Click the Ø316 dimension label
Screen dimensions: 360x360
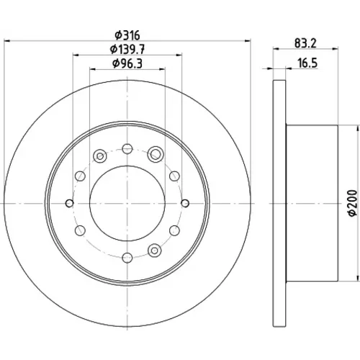pos(127,35)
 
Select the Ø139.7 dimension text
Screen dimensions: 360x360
pos(127,50)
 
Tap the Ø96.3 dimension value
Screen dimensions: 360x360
pos(127,63)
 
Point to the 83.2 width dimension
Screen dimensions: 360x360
pos(305,43)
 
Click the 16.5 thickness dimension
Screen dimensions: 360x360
pos(307,63)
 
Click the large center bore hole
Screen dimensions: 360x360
pos(127,203)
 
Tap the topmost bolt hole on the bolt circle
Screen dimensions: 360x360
pos(127,149)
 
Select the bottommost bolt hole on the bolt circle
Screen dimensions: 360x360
pos(127,258)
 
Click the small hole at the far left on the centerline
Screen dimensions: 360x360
pos(70,203)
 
